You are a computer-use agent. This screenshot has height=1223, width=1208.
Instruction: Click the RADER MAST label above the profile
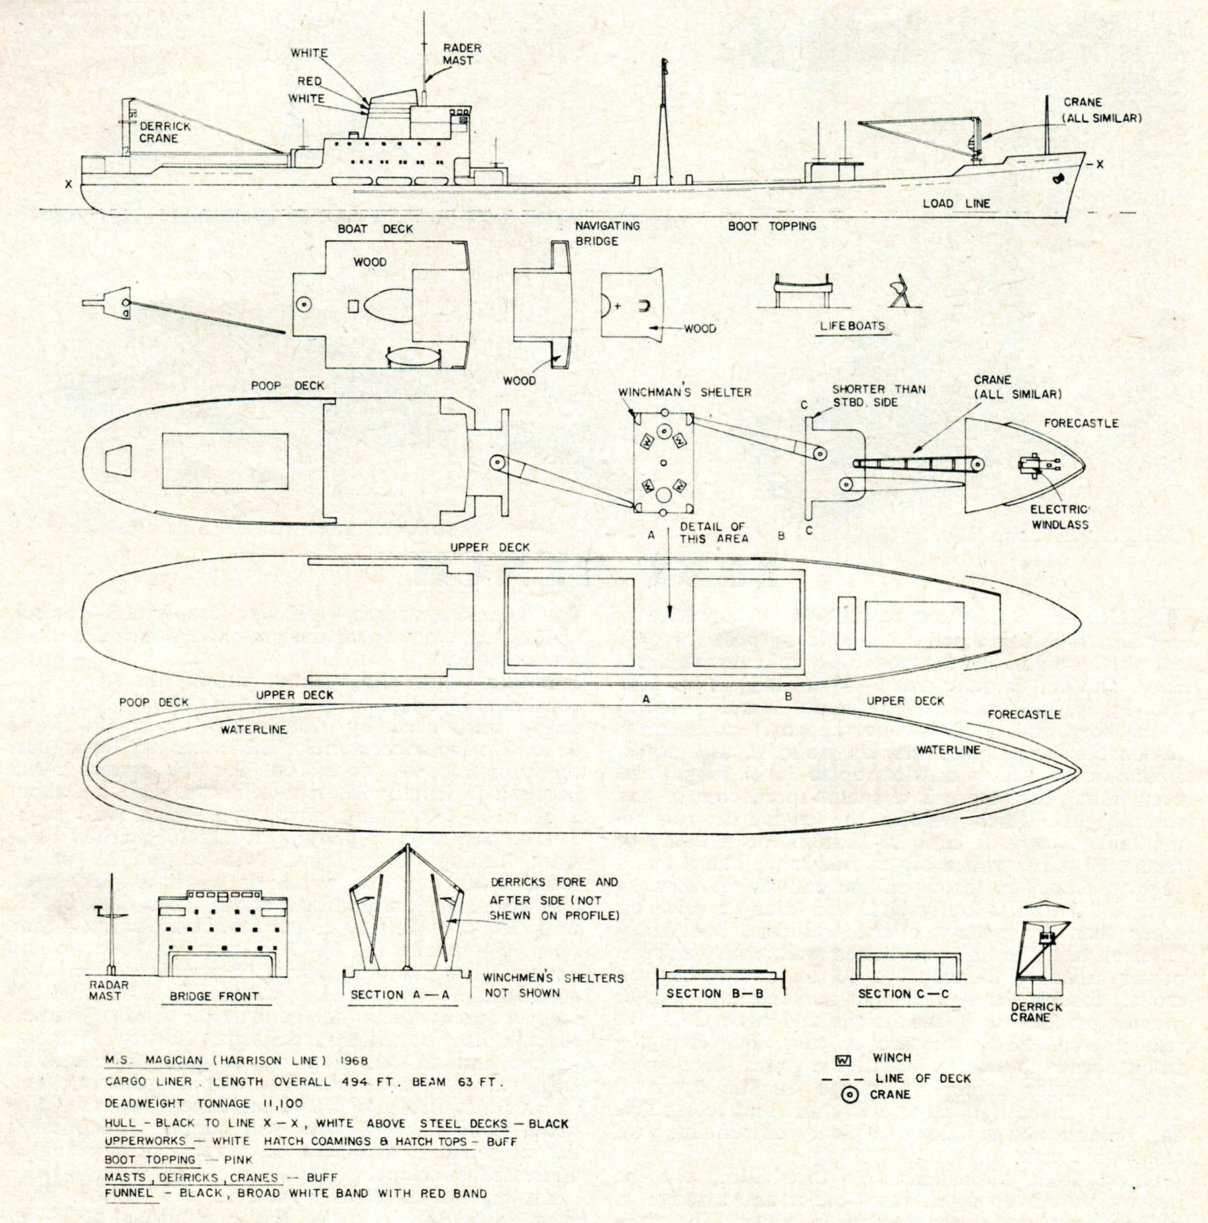point(462,54)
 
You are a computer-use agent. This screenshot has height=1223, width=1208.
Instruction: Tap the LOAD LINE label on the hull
point(956,203)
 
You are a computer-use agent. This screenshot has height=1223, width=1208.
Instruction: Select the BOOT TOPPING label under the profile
point(772,226)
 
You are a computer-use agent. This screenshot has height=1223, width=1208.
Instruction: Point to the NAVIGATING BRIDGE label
point(607,233)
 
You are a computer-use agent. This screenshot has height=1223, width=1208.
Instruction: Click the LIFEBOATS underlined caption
point(852,326)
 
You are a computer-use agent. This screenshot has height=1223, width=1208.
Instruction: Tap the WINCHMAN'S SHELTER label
point(685,392)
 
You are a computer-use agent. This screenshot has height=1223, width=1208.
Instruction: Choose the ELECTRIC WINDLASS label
point(1060,517)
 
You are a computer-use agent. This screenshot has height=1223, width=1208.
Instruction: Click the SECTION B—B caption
point(715,994)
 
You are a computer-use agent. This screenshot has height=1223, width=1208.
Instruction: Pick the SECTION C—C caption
point(903,994)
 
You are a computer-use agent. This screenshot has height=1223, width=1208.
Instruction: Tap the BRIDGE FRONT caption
point(214,996)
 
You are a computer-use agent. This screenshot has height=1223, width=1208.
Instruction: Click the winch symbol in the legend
point(842,1061)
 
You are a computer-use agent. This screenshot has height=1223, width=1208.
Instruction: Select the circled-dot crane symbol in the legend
point(850,1095)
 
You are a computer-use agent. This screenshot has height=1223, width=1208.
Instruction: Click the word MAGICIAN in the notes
point(173,1060)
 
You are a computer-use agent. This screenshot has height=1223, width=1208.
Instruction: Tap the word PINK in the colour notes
point(238,1159)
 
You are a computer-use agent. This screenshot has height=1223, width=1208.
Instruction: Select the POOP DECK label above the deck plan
point(287,386)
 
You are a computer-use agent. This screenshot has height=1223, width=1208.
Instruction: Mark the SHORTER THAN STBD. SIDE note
point(878,396)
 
